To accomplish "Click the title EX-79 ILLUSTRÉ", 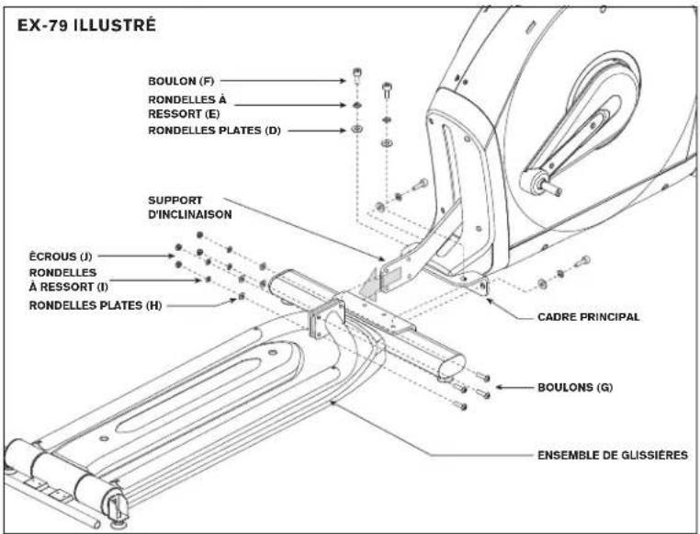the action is (x=86, y=25).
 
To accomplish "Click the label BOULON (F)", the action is (x=181, y=81).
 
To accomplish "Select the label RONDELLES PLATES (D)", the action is (x=214, y=131).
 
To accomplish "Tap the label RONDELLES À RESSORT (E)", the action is (x=187, y=107).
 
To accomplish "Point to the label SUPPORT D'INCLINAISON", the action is (x=190, y=208).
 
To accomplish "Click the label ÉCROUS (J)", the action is (x=61, y=256).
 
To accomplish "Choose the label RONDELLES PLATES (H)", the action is (x=96, y=305).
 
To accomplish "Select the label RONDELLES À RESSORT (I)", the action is (x=69, y=279).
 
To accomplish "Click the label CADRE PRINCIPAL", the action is (x=589, y=317).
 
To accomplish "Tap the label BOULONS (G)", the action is (x=575, y=387).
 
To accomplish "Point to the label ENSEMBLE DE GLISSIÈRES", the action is (x=613, y=456).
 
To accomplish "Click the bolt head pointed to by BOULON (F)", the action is (x=357, y=72).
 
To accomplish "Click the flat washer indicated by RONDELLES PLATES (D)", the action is (x=356, y=129).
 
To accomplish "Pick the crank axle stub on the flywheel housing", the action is (x=552, y=187).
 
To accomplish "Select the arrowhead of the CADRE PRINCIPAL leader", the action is (x=489, y=299).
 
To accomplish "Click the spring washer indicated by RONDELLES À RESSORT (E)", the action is (x=356, y=105).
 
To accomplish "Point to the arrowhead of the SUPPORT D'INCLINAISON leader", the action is (x=382, y=258).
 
